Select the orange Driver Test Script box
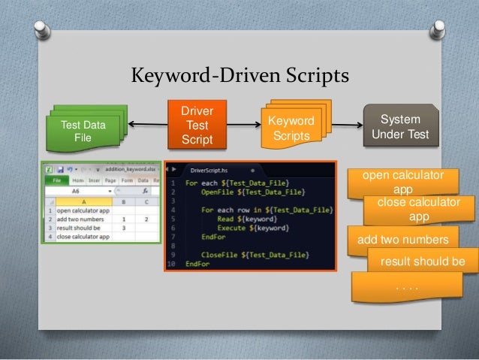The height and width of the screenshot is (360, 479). point(197,126)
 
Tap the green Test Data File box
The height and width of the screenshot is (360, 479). point(82,131)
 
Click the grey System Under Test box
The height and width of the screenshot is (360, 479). point(400,127)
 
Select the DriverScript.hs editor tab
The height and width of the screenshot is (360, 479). point(212,170)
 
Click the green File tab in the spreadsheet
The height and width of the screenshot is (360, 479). point(56,180)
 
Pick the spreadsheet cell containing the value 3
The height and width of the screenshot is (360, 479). point(123,228)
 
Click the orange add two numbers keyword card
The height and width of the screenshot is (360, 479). point(402,240)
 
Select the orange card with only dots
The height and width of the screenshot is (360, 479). point(406,286)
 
